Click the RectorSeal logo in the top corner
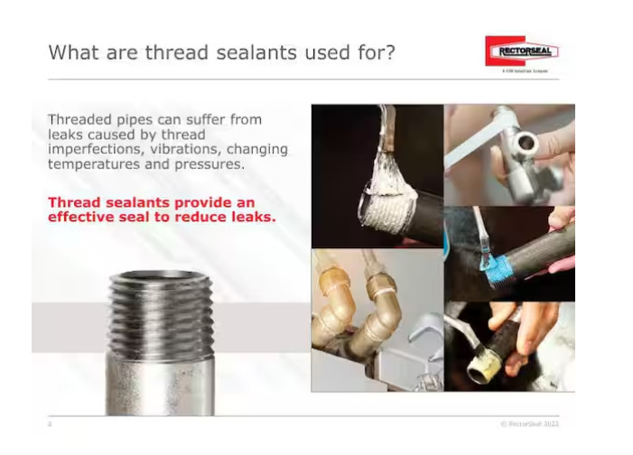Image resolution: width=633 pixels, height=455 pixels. pos(521,51)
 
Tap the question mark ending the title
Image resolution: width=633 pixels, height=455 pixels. pos(389,51)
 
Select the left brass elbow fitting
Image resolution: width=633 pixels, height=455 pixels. pos(332,325)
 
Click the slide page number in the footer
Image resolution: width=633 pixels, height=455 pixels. pos(51,422)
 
